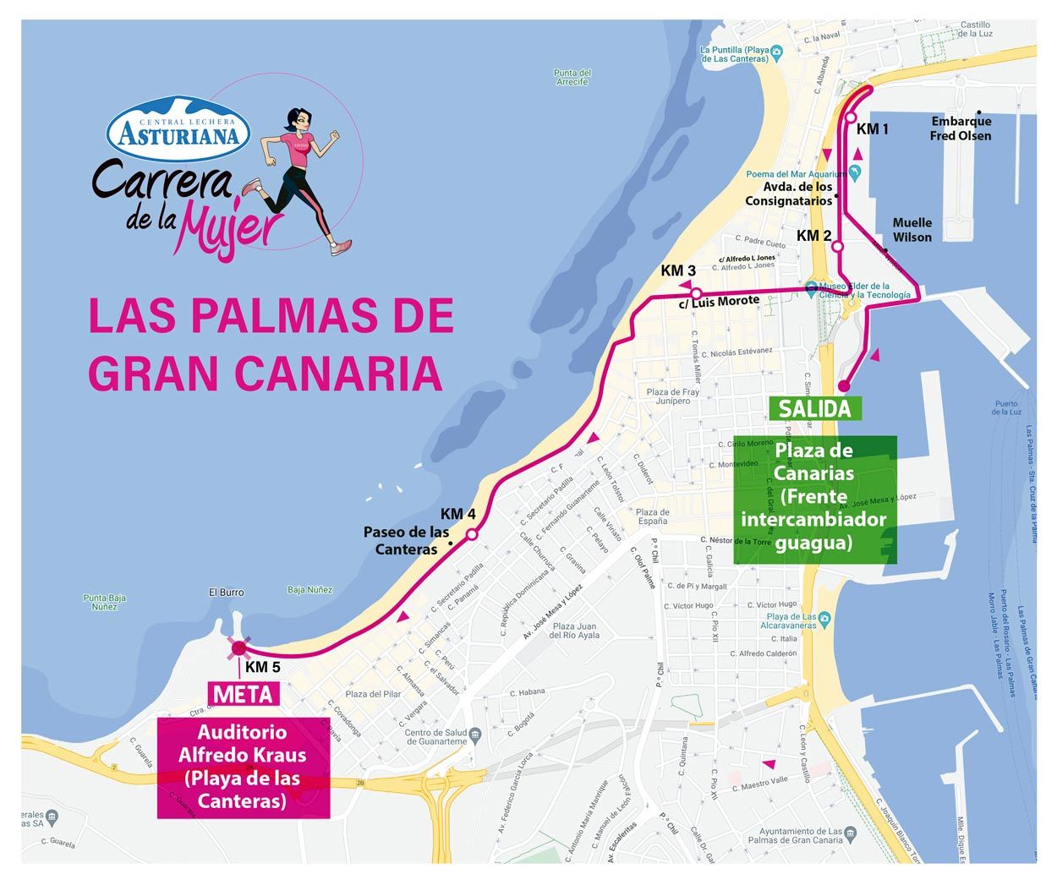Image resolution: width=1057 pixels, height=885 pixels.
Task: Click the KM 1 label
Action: click(x=872, y=129)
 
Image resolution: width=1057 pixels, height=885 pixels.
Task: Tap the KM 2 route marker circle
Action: click(x=837, y=247)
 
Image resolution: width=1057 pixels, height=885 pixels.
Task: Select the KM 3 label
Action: click(x=678, y=270)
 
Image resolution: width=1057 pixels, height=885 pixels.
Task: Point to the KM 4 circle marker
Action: click(x=472, y=534)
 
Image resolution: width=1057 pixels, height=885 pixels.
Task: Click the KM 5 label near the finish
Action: click(x=262, y=667)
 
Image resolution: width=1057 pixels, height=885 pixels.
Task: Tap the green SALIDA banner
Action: click(x=814, y=409)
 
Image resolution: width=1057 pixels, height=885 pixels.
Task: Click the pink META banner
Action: click(x=244, y=695)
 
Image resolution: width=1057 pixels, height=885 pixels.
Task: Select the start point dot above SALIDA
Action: click(x=843, y=386)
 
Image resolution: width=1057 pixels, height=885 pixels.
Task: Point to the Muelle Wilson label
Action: click(x=912, y=230)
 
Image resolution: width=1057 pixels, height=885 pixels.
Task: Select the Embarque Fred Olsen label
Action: click(x=960, y=128)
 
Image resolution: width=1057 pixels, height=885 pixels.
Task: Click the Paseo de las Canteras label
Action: click(x=406, y=541)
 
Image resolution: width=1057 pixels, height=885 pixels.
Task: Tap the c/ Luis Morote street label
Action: click(x=720, y=301)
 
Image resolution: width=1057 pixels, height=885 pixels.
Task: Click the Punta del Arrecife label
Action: click(x=572, y=77)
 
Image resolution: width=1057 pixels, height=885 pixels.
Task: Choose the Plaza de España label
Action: click(x=652, y=516)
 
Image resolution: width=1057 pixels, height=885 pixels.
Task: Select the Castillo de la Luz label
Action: click(x=974, y=29)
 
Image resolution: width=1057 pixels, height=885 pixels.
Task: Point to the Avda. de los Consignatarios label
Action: click(x=788, y=194)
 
